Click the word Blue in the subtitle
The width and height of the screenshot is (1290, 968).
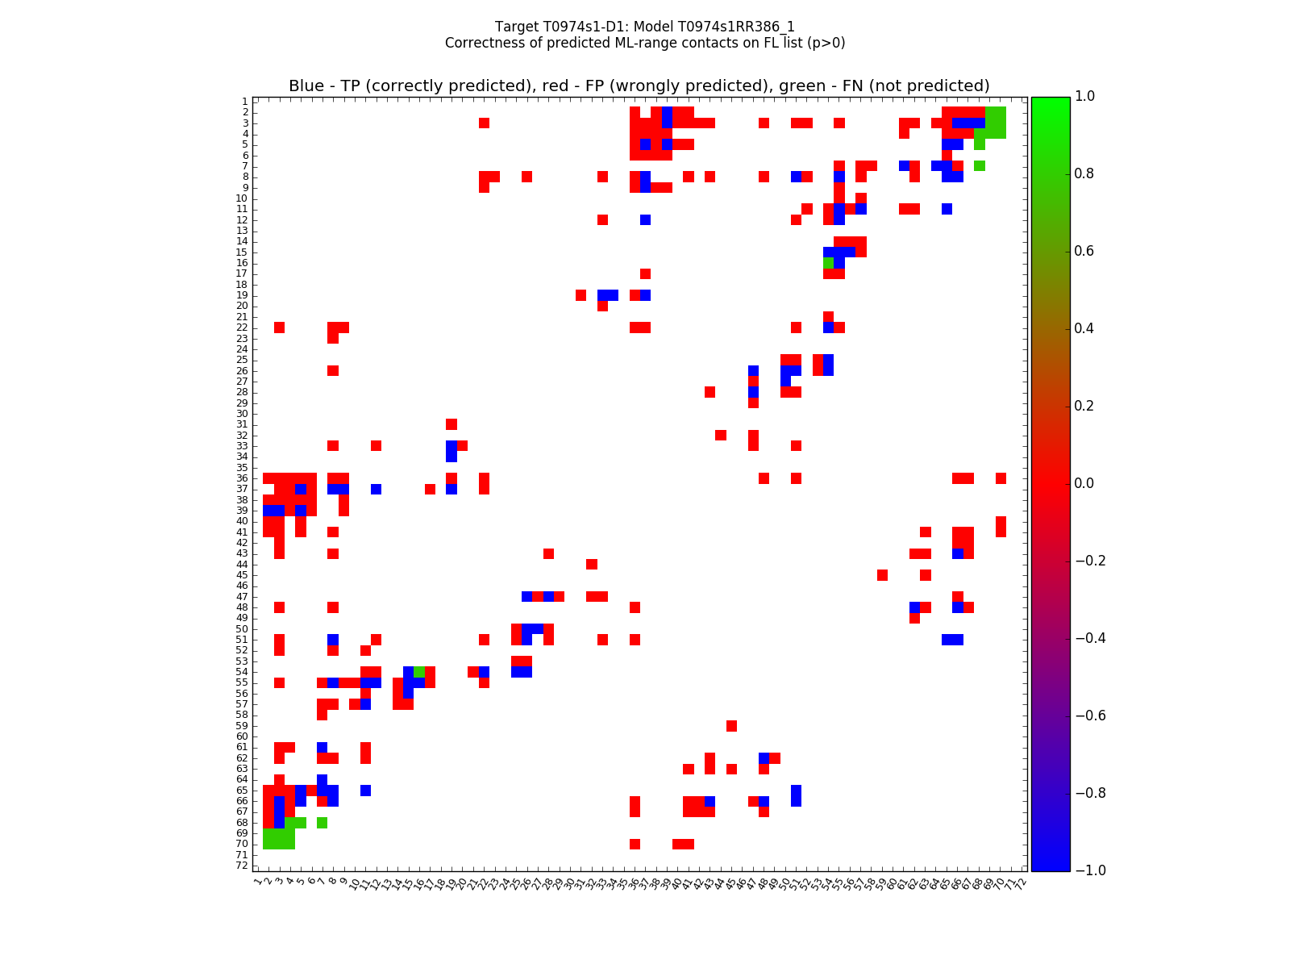coord(306,86)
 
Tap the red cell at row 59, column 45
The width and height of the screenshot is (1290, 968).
coord(731,726)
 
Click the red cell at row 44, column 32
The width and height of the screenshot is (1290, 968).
coord(591,564)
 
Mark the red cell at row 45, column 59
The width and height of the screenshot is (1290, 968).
coord(882,575)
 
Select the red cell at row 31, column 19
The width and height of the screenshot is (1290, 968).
coord(451,424)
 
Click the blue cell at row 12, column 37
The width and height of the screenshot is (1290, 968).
coord(645,219)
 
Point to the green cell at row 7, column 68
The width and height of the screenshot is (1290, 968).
coord(979,165)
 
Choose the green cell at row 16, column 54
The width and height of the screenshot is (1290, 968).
coord(828,263)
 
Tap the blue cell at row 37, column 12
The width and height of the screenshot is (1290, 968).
coord(376,489)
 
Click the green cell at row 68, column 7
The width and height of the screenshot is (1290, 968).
coord(322,823)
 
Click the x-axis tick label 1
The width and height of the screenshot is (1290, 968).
coord(257,882)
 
